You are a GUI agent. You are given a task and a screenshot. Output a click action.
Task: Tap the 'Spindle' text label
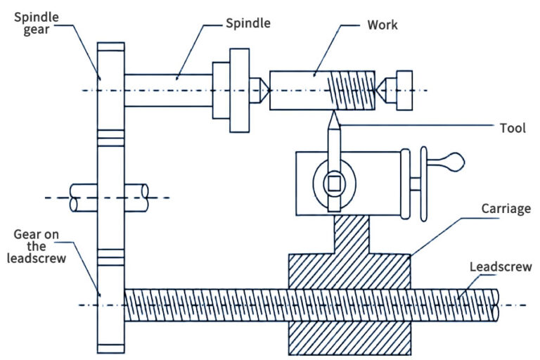(x=247, y=24)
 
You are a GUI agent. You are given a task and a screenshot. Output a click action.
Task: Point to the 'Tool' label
(x=513, y=128)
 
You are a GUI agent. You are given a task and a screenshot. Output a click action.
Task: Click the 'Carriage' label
(x=506, y=209)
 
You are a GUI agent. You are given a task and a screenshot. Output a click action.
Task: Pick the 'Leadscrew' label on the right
(x=500, y=266)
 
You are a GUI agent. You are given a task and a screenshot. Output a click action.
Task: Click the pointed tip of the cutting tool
(x=333, y=117)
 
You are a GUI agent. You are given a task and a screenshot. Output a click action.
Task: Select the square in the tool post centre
(x=333, y=184)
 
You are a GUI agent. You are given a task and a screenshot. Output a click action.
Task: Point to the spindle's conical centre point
(x=260, y=90)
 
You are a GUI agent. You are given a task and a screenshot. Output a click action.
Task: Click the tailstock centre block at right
(x=404, y=90)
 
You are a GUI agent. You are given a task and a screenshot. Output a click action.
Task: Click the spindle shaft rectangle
(x=168, y=90)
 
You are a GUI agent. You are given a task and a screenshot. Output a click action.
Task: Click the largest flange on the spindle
(x=240, y=90)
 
